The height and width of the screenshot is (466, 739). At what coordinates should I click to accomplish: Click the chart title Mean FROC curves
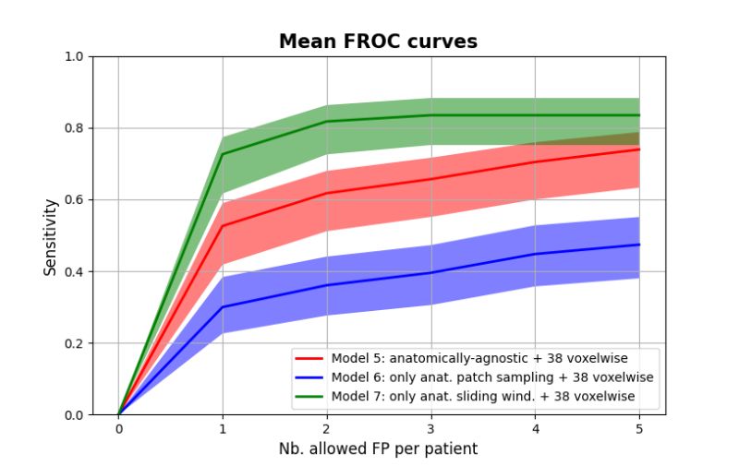[378, 42]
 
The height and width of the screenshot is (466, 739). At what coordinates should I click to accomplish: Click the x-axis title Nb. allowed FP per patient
[378, 448]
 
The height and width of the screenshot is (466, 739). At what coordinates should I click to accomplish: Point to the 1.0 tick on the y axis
[74, 57]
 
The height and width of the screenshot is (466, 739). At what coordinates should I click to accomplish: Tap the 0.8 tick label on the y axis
[74, 128]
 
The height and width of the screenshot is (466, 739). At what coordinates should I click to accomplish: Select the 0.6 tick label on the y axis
[74, 200]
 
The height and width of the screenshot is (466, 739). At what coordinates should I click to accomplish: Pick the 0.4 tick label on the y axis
[74, 272]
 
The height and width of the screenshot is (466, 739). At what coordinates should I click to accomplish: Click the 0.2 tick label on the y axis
[74, 343]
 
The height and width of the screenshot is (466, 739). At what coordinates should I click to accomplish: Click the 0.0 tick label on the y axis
[74, 415]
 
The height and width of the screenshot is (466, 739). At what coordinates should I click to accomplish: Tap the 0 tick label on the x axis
[118, 429]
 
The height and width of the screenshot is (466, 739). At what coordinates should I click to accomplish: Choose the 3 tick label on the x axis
[430, 429]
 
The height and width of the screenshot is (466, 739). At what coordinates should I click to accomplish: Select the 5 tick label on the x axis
[639, 429]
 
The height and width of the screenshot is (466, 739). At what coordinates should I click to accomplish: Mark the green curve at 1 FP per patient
[223, 154]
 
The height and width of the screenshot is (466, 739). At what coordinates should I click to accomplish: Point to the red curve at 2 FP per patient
[327, 194]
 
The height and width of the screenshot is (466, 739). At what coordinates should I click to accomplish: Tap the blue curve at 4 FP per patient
[535, 254]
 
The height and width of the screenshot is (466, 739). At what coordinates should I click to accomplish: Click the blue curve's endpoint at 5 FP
[639, 245]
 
